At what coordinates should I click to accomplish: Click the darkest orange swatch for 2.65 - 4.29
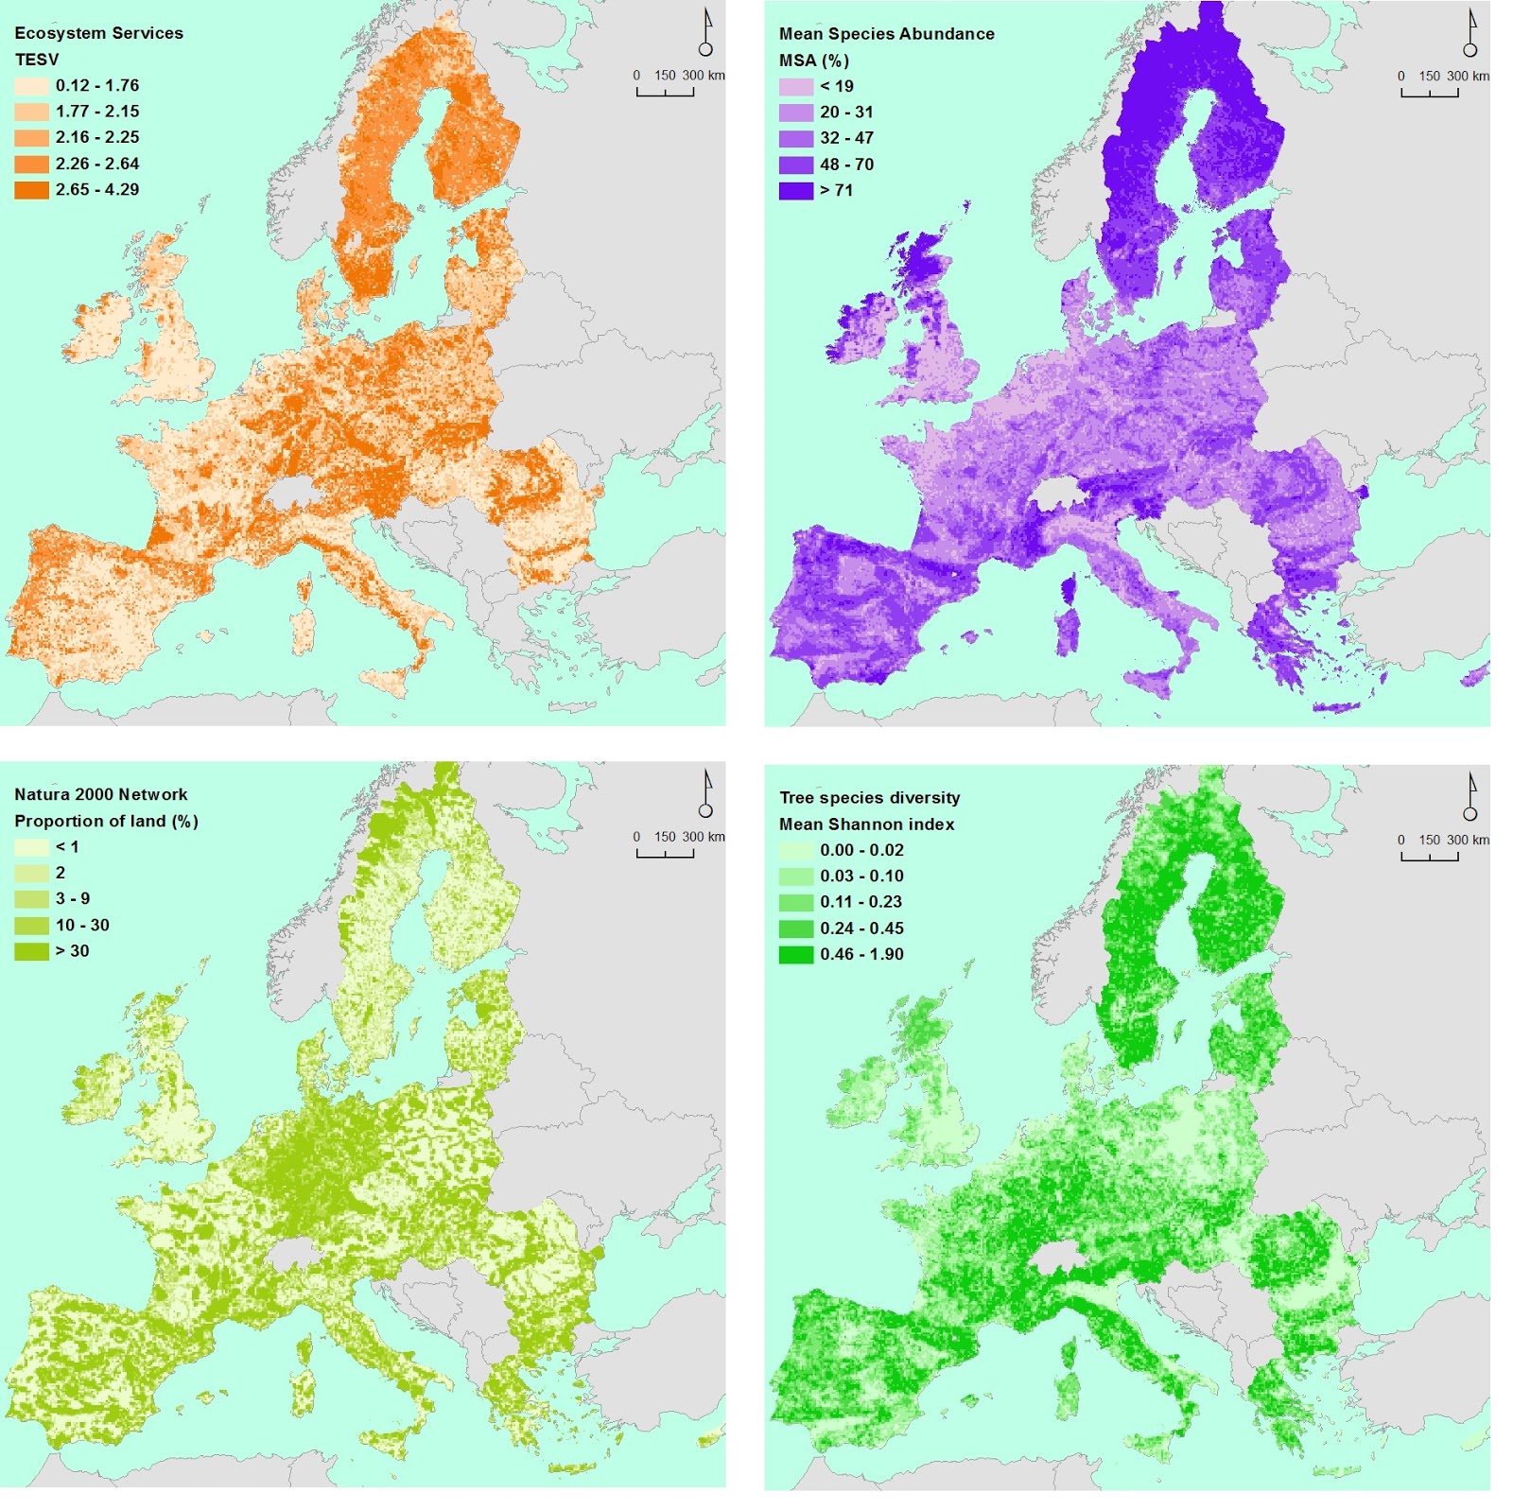click(31, 189)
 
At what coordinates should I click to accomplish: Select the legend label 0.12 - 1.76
click(96, 85)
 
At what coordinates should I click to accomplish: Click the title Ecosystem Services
click(98, 33)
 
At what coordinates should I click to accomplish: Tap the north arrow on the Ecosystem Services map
click(705, 34)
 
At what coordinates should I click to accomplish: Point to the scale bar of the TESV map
click(665, 91)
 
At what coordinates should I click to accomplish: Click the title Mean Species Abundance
click(886, 34)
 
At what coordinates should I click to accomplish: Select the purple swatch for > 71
click(795, 190)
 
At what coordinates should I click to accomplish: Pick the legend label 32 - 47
click(846, 138)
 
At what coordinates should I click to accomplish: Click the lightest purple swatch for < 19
click(795, 86)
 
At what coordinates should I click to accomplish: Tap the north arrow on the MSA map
click(1470, 34)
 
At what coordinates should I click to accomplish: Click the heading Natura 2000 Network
click(100, 794)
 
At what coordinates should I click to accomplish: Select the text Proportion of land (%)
click(106, 821)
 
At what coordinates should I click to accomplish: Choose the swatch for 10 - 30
click(31, 925)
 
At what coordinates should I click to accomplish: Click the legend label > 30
click(72, 951)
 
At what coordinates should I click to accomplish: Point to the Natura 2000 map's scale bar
click(665, 852)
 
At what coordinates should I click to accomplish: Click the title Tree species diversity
click(869, 798)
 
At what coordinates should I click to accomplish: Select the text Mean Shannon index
click(866, 824)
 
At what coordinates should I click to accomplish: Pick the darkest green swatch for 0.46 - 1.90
click(795, 954)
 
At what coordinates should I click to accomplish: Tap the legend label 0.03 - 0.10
click(861, 876)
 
